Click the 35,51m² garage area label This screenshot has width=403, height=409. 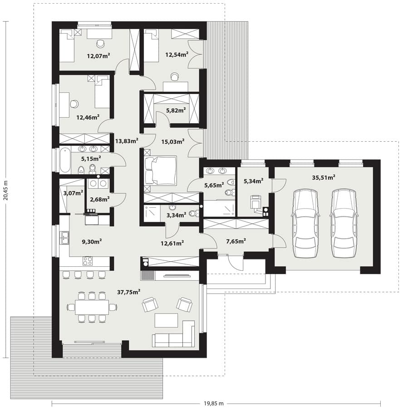[323, 178]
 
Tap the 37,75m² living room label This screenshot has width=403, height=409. [129, 292]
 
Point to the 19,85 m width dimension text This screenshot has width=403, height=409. [214, 403]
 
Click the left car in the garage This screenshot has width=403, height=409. [306, 223]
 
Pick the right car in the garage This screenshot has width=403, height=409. [344, 223]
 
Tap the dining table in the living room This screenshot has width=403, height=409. [92, 307]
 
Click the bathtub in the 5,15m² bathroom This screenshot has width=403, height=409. [65, 160]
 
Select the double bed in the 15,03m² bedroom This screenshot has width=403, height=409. [161, 170]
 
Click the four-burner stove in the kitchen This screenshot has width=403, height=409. [88, 261]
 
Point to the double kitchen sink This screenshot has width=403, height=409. [64, 238]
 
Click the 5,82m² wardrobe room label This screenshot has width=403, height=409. [176, 110]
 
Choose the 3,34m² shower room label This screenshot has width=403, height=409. [176, 215]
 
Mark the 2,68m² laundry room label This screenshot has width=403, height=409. [99, 200]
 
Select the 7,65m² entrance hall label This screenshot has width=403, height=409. [236, 241]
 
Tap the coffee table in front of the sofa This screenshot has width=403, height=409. [166, 320]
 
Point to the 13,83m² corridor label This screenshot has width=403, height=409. [127, 141]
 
